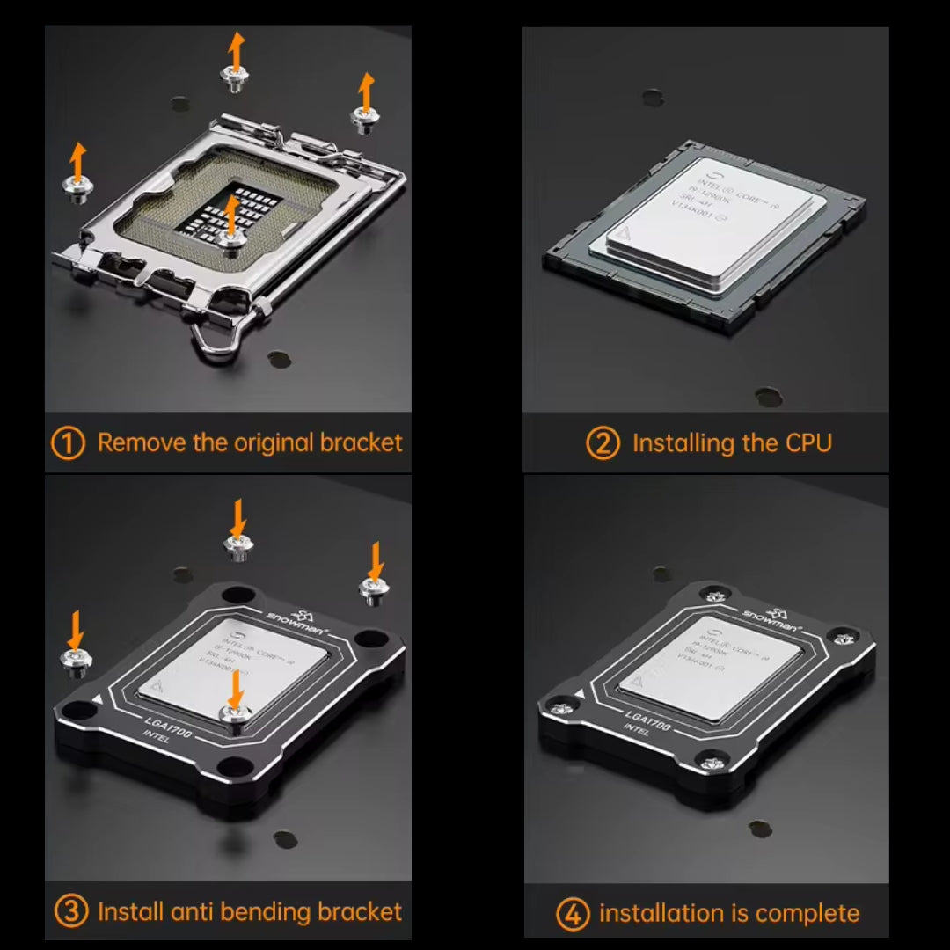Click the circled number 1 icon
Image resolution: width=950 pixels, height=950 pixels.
(x=69, y=442)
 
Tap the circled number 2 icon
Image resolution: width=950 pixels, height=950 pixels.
(x=603, y=442)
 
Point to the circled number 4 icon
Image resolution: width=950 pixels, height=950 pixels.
(x=572, y=914)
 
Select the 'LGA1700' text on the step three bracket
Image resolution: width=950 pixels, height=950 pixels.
(x=168, y=723)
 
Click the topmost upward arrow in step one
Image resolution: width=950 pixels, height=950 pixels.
(x=235, y=50)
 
